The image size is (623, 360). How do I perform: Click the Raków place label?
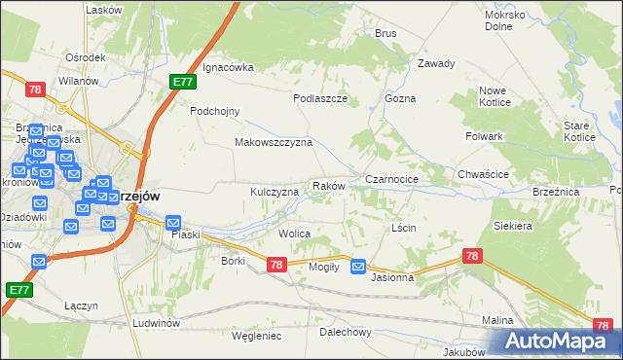328,185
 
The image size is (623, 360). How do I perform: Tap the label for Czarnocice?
391,180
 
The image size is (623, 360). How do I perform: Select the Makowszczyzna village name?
273,142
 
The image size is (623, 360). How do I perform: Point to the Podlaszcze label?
320,98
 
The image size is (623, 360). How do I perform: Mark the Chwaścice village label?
484,175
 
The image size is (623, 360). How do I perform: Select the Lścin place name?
403,227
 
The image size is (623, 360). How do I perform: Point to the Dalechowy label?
346,332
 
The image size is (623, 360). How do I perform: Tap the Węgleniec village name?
256,336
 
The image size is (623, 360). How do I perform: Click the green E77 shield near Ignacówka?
182,83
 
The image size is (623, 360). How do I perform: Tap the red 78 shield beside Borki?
275,264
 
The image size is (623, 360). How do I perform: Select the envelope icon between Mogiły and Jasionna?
358,266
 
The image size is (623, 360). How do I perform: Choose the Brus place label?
385,33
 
